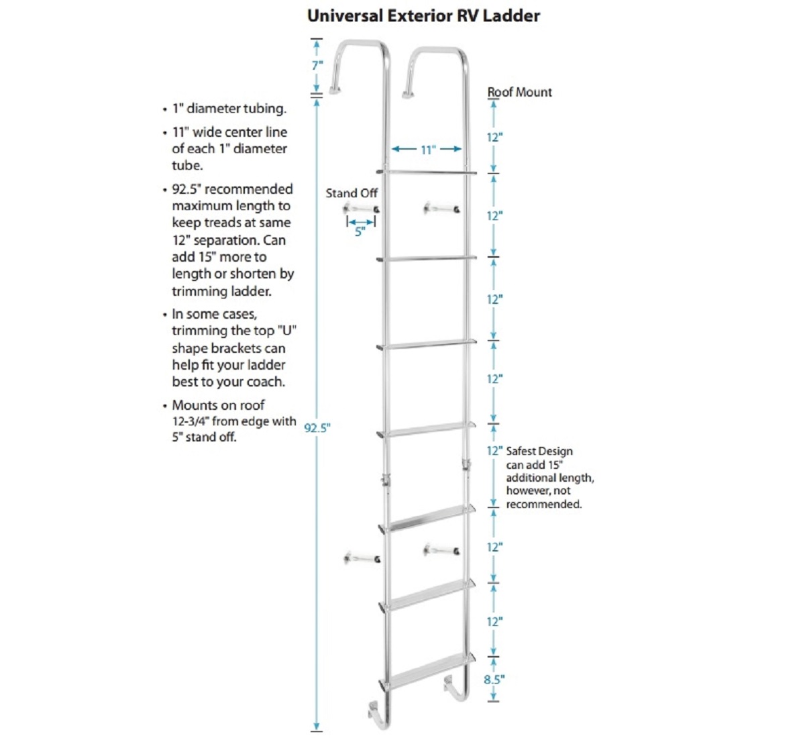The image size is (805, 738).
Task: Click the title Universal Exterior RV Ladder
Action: click(423, 15)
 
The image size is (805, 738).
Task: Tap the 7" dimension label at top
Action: click(317, 65)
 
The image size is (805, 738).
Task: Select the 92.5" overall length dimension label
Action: click(317, 427)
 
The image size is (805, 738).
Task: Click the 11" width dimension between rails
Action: click(428, 150)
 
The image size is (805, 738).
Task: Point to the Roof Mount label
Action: click(519, 93)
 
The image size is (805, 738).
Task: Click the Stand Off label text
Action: click(352, 193)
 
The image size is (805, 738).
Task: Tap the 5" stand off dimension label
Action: click(360, 232)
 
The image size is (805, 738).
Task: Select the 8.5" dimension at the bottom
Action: click(494, 679)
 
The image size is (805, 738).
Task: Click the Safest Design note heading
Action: click(539, 451)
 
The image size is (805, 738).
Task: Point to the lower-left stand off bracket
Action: click(362, 558)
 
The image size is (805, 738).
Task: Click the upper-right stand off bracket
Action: click(441, 209)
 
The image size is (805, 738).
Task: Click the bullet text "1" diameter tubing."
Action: click(229, 109)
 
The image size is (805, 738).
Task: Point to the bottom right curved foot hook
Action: click(458, 687)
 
